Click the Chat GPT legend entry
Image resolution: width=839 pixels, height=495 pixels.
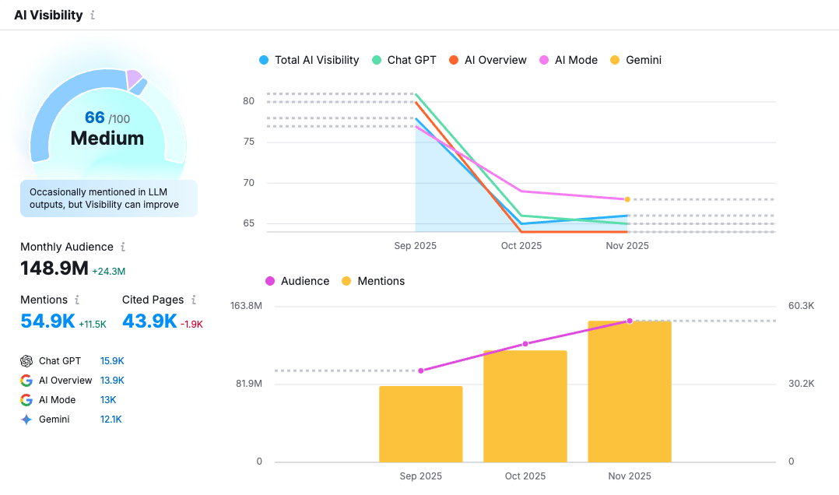404,60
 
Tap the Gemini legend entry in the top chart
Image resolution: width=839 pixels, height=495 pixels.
636,60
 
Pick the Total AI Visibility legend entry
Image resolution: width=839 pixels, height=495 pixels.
309,60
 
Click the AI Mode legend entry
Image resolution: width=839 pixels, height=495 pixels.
568,60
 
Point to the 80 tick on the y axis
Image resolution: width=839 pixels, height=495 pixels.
249,101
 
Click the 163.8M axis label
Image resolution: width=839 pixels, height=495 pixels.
246,306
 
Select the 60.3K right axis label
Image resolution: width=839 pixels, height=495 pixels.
801,306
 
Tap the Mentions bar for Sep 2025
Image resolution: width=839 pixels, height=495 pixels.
421,424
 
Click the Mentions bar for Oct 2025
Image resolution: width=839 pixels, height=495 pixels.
525,406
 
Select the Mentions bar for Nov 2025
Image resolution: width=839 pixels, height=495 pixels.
630,391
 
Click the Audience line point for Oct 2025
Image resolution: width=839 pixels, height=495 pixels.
525,343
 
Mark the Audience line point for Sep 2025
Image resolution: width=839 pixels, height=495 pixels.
421,370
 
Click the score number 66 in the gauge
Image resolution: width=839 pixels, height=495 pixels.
95,118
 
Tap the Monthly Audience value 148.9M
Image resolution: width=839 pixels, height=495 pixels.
54,269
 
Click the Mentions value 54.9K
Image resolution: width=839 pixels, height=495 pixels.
47,321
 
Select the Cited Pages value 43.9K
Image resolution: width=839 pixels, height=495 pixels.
149,321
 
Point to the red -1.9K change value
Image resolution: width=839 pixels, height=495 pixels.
191,324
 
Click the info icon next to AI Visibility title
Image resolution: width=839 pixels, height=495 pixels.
93,15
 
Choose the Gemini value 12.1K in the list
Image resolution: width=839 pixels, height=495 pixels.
111,420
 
